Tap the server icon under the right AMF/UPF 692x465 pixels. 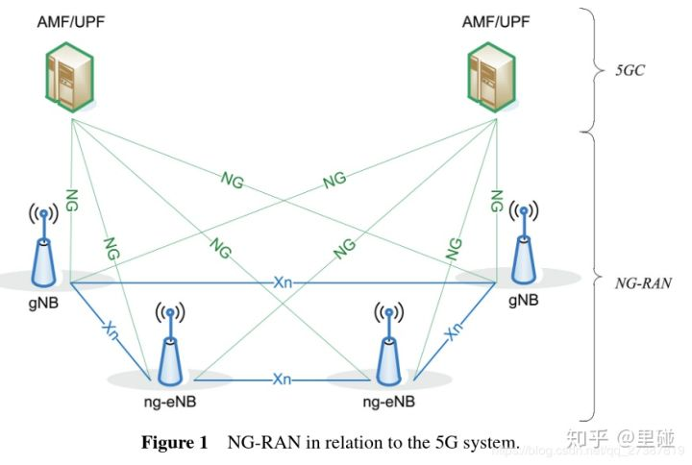click(492, 80)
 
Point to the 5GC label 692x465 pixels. click(633, 70)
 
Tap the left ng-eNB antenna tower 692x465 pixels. click(169, 348)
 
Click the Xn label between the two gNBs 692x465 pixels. click(283, 282)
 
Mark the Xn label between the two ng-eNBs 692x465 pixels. click(282, 379)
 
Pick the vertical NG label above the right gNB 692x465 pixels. click(496, 201)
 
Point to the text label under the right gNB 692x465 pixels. click(524, 301)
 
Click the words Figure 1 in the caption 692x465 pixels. click(174, 443)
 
